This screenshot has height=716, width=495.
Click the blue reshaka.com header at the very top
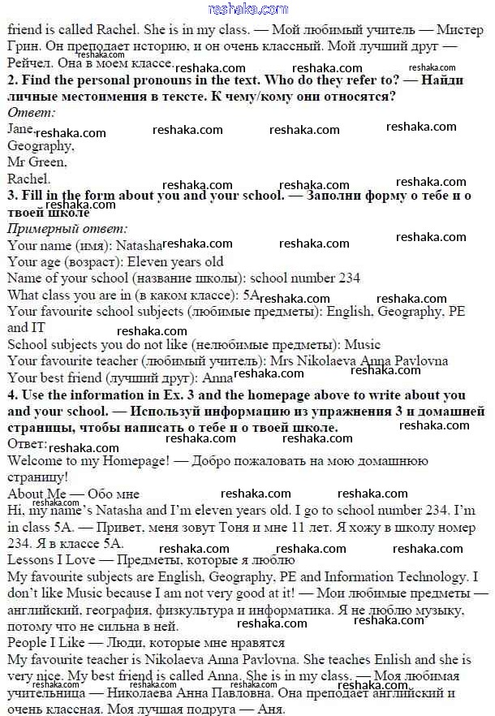[x=248, y=9]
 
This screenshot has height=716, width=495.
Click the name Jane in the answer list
[x=20, y=128]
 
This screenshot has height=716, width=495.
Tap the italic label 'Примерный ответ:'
[x=67, y=228]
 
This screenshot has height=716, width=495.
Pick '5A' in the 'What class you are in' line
[x=251, y=295]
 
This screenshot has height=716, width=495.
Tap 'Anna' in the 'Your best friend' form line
[x=217, y=377]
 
